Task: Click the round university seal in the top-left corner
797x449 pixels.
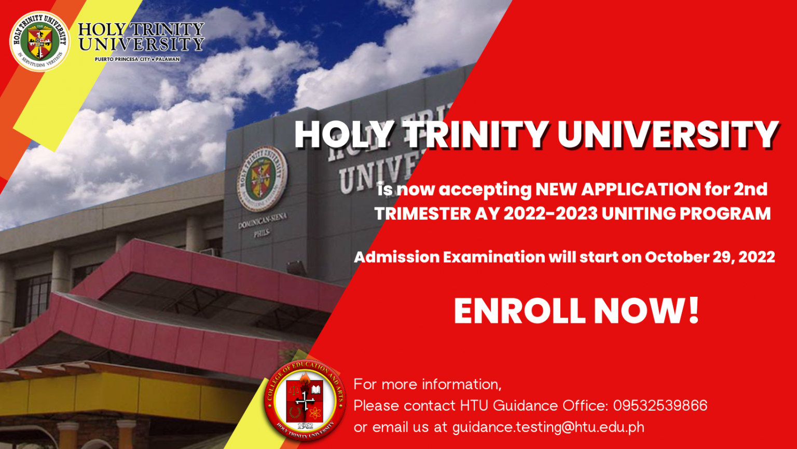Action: (39, 42)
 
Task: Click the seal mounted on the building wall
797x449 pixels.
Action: (262, 179)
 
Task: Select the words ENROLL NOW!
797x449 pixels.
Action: (576, 311)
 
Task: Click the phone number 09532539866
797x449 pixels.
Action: (660, 405)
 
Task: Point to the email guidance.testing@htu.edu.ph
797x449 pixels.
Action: (548, 427)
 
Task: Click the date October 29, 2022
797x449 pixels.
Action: (710, 257)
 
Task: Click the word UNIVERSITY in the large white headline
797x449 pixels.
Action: (668, 134)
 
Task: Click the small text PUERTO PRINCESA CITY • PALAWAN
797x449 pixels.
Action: (137, 59)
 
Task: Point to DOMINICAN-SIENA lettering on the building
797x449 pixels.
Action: (262, 221)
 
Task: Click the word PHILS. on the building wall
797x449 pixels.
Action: (262, 234)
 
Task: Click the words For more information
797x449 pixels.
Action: (427, 384)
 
